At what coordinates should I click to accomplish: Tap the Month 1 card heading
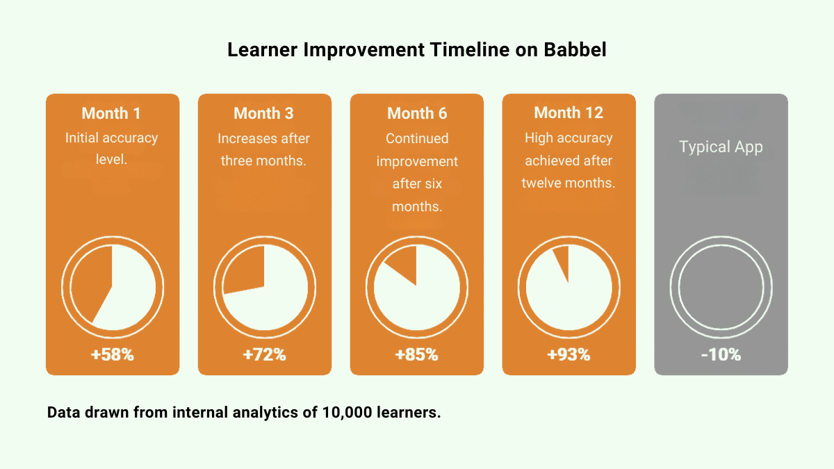coord(112,113)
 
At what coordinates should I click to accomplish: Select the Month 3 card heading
coord(264,113)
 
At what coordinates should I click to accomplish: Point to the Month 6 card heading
coord(417,113)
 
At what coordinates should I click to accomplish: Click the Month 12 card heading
coord(569,113)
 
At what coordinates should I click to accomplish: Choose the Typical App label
coord(721,147)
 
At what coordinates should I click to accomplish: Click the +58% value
coord(112,354)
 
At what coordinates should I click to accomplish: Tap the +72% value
coord(264,354)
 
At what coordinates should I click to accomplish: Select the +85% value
coord(416,354)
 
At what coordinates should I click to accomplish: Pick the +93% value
coord(569,354)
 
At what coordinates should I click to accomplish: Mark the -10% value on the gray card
coord(721,354)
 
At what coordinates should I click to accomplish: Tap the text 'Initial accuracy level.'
coord(112,149)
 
